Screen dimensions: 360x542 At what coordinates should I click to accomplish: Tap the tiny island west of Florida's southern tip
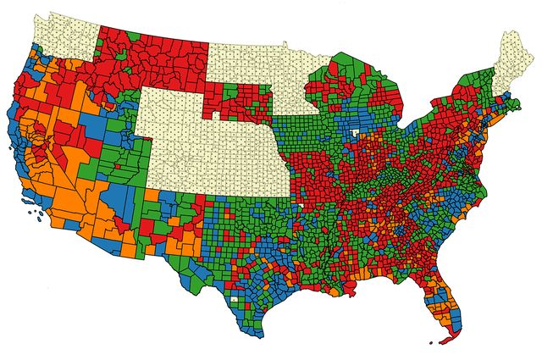[431, 342]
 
